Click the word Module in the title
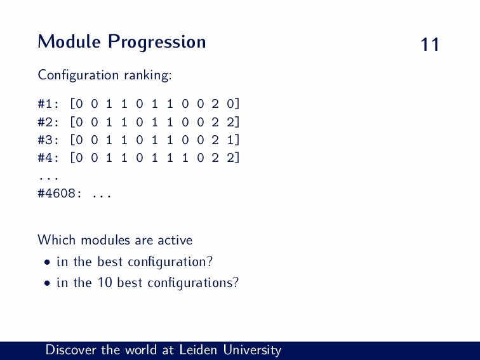pos(69,41)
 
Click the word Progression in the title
pos(157,43)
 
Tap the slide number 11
pos(430,44)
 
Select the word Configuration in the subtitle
pos(78,76)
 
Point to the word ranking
pos(148,76)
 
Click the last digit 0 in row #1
pos(230,104)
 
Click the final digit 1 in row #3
pos(230,140)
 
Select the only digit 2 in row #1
pos(215,104)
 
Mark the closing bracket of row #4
pos(237,157)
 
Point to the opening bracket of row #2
pos(72,122)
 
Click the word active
pos(175,240)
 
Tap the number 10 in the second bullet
pos(105,283)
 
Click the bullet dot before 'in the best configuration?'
pos(47,263)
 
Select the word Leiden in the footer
pos(197,350)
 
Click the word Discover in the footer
pos(70,350)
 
